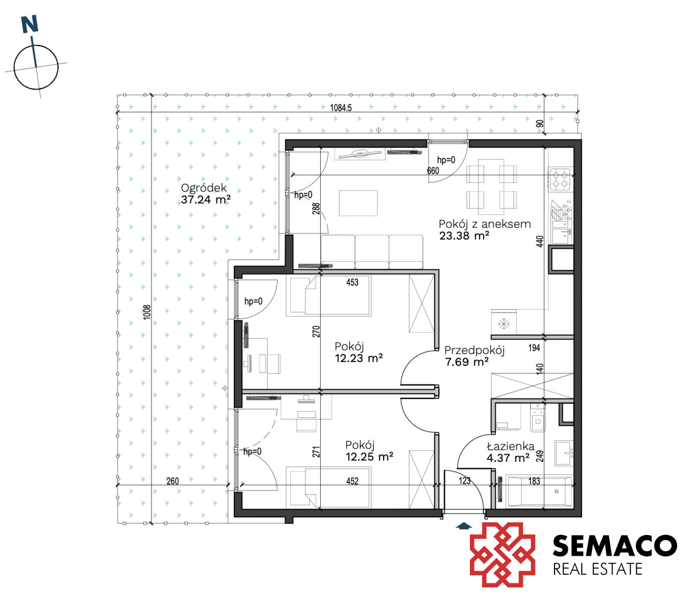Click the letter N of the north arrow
[30, 24]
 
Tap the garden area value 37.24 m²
[206, 199]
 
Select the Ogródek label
[204, 188]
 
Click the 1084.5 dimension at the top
[341, 107]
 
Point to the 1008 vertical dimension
[147, 312]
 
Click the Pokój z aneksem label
[485, 224]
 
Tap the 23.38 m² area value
[464, 236]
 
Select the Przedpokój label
[474, 351]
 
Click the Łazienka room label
[511, 446]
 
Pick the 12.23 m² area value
[359, 358]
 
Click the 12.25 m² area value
[370, 457]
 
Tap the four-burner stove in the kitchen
[560, 179]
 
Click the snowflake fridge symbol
[503, 323]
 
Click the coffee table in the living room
[358, 203]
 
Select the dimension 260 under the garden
[173, 481]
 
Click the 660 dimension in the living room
[433, 171]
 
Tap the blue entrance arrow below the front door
[464, 526]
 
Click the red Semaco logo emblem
[503, 555]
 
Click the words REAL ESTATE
[598, 569]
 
